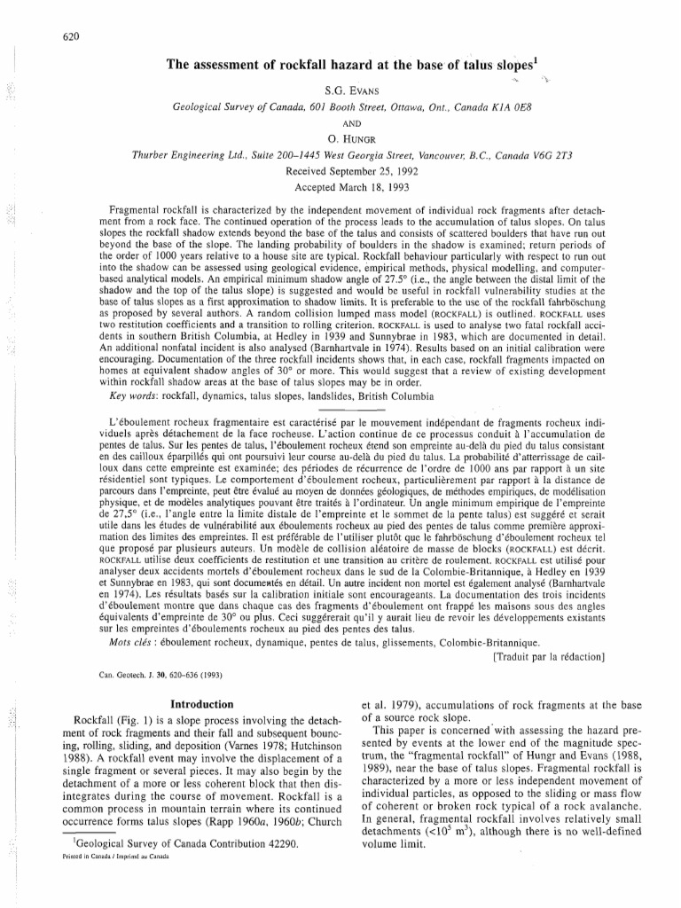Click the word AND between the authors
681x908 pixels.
(341, 123)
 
